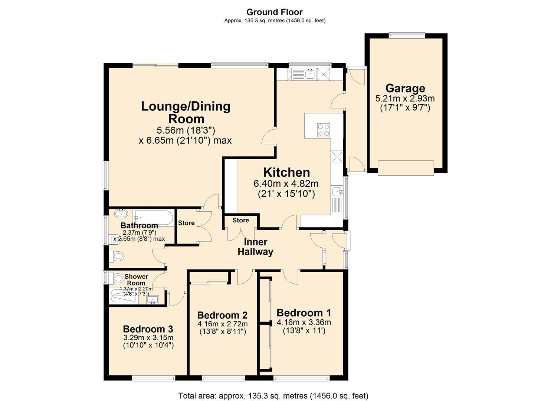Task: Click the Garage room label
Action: pos(405,88)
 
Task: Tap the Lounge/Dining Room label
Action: pos(186,113)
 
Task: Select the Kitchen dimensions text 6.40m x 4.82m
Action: pos(286,183)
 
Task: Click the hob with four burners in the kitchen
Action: pos(323,130)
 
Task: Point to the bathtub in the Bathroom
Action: pos(154,218)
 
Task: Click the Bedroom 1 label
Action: pos(304,313)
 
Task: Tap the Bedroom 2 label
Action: pos(222,315)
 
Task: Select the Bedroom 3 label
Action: pos(148,329)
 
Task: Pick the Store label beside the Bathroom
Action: pos(186,223)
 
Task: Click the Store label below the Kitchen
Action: pos(240,221)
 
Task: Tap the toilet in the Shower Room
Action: pos(118,278)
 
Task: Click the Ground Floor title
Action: pos(275,12)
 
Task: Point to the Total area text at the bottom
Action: pos(273,396)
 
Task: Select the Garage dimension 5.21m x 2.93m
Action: pos(405,99)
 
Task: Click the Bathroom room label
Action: pos(139,226)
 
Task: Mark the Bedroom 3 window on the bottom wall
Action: pos(153,378)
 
